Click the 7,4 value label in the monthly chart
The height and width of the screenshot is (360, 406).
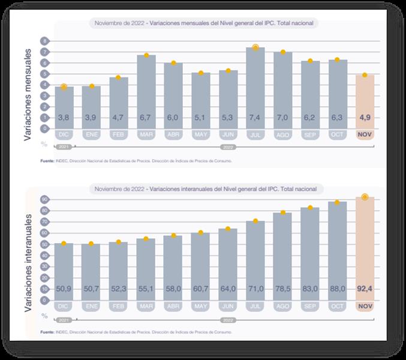coord(255,117)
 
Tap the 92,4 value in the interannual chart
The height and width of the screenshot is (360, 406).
coord(365,289)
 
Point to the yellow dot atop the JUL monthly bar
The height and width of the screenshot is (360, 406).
coord(255,47)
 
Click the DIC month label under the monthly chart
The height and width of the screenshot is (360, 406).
coord(64,135)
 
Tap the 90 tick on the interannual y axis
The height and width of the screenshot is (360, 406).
coord(44,199)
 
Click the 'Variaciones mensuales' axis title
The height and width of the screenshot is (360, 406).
coord(28,87)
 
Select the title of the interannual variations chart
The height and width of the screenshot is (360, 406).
coord(206,189)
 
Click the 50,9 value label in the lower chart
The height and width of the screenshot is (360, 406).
coord(64,289)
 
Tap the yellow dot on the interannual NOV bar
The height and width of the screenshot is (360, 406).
coord(365,197)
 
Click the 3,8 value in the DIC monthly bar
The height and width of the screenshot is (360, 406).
coord(64,117)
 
